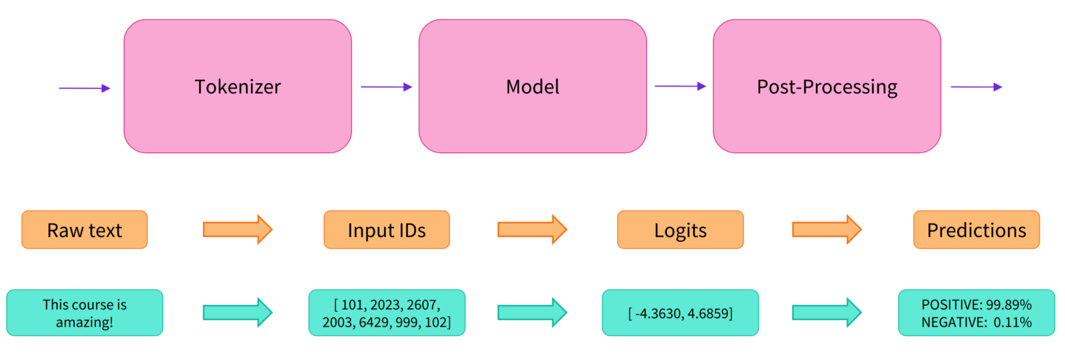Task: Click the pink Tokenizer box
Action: tap(238, 86)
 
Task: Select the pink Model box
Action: tap(532, 86)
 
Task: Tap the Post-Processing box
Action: tap(827, 86)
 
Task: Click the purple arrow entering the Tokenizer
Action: tap(85, 88)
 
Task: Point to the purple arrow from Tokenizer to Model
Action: tap(387, 87)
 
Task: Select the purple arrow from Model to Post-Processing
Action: tap(680, 86)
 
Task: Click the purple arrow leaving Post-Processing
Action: tap(976, 87)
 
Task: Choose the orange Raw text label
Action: tap(85, 230)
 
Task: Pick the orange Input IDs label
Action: tap(387, 230)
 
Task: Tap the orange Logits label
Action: tap(680, 230)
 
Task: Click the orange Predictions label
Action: tap(976, 230)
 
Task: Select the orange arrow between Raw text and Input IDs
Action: tap(238, 229)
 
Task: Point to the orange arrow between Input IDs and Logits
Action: tap(532, 229)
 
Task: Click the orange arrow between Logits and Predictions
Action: tap(827, 229)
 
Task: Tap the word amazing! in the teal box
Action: tap(85, 323)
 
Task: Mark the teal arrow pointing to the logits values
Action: tap(532, 313)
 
